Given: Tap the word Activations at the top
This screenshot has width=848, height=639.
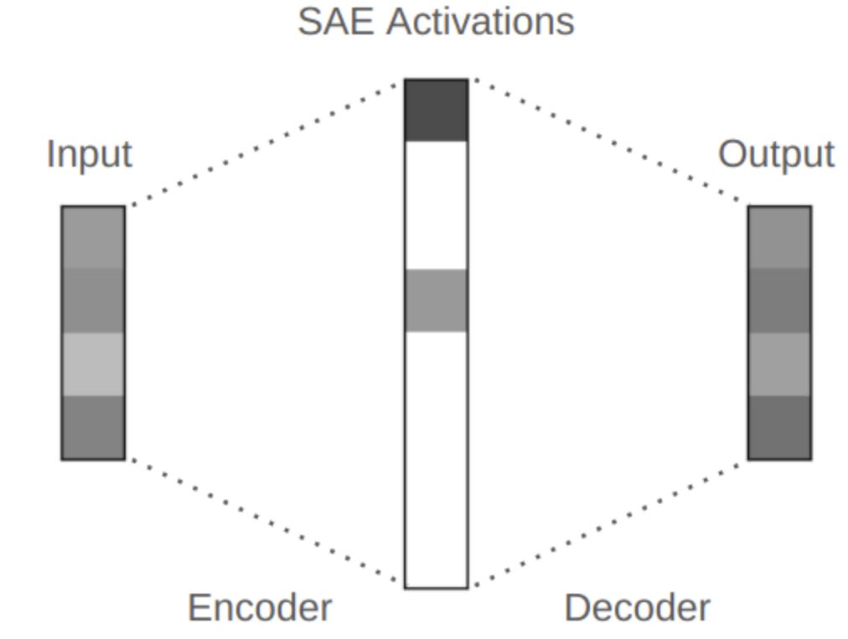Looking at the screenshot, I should click(480, 21).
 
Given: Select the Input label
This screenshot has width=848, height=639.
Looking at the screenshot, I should click(89, 154).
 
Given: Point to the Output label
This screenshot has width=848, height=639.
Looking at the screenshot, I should click(776, 154).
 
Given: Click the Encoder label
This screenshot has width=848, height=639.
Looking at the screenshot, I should click(259, 608).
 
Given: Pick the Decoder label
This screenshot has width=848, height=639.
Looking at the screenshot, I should click(637, 608).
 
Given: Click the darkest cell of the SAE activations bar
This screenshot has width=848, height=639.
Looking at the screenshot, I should click(436, 110).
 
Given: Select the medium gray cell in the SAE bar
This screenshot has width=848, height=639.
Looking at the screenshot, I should click(436, 300).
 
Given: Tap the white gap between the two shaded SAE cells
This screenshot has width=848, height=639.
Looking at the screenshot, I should click(436, 204).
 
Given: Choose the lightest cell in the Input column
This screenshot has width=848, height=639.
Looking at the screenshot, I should click(93, 363).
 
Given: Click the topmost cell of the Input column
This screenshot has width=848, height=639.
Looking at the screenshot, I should click(93, 237).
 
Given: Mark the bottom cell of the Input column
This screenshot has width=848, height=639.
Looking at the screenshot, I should click(93, 426).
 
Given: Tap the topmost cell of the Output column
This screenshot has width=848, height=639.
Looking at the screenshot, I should click(779, 237).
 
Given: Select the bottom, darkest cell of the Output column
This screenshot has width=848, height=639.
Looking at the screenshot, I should click(779, 426).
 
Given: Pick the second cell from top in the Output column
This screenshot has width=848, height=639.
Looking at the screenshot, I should click(779, 300).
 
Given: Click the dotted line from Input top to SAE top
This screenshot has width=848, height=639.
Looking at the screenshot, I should click(266, 142).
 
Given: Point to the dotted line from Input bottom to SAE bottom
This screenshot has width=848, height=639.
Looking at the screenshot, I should click(266, 523).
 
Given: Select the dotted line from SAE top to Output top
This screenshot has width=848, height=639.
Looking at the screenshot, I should click(608, 142).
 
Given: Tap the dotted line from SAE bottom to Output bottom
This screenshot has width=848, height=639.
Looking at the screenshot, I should click(608, 523).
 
